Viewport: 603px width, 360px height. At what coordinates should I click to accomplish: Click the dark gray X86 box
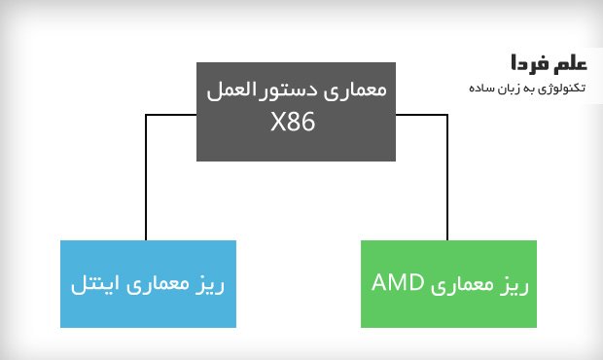296,112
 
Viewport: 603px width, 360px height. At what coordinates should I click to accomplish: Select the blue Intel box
148,284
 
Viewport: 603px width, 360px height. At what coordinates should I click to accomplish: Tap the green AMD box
448,284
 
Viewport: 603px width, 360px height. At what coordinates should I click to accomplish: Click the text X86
293,122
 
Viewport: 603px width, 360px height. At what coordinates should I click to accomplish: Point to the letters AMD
398,283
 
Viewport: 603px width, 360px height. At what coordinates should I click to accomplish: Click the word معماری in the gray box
355,90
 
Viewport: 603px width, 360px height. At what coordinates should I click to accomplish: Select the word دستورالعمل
263,90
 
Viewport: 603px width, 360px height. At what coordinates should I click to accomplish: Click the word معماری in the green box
462,285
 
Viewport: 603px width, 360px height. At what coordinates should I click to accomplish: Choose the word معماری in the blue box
158,285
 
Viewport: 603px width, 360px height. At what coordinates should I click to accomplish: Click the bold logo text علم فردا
549,63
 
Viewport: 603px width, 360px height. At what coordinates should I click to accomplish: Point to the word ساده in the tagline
479,89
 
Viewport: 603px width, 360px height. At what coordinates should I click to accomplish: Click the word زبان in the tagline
506,89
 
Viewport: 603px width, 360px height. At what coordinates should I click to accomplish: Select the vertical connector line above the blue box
146,177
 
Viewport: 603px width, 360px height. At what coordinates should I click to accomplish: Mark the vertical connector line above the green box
447,177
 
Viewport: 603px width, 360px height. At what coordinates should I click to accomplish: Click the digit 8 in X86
293,122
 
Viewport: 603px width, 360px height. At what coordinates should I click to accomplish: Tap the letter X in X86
277,122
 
